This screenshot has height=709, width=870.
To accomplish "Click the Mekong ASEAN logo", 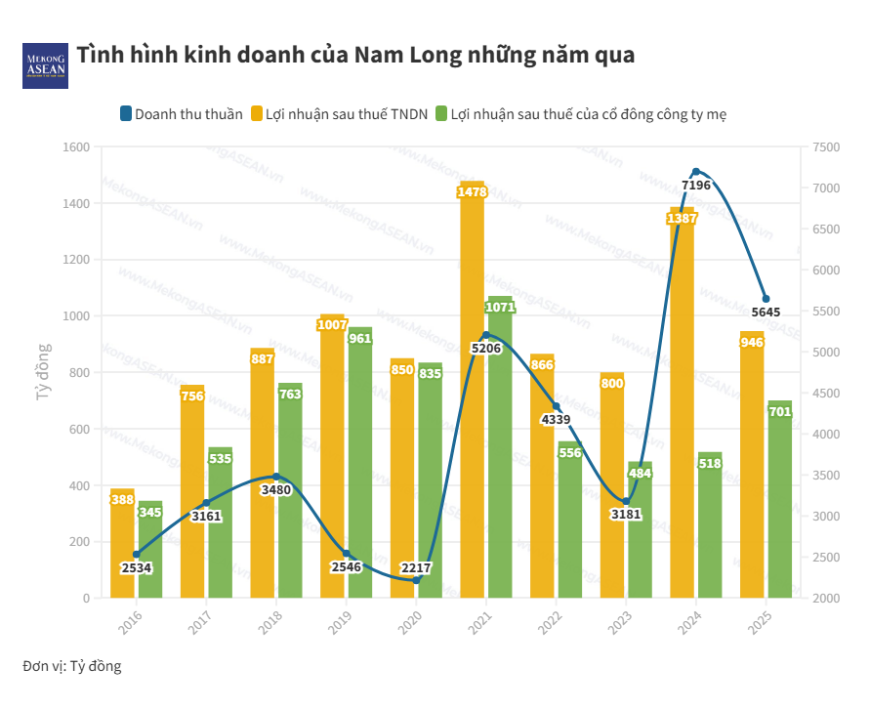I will pos(45,65).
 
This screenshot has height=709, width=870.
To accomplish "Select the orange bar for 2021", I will pos(472,391).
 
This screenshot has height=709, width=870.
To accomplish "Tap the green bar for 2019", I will pos(360,469).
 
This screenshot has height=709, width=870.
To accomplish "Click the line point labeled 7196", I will pos(695,172).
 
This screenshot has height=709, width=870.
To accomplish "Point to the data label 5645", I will pos(766,313).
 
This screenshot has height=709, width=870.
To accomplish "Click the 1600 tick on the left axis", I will pos(76,147).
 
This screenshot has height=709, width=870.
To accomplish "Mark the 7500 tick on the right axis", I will pos(825,147).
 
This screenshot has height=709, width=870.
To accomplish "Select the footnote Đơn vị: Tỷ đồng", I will pos(72,666).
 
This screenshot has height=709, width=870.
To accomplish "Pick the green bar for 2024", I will pos(710,527).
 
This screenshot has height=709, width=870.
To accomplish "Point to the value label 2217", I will pos(416,567).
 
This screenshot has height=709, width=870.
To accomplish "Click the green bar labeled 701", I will pos(780,498).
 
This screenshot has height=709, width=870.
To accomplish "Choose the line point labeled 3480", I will pos(276,477).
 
